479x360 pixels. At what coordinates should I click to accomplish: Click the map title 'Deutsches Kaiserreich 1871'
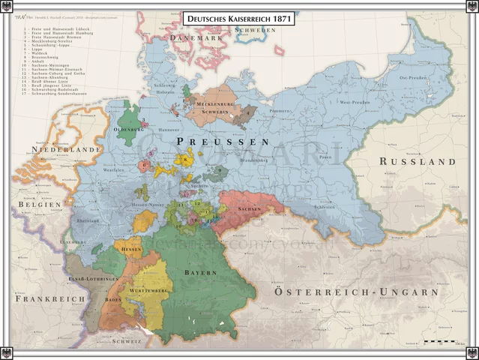[239, 18]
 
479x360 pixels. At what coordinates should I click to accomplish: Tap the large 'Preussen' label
[222, 141]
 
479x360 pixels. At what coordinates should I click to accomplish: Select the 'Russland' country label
[417, 161]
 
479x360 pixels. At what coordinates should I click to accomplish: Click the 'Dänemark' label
[197, 37]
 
